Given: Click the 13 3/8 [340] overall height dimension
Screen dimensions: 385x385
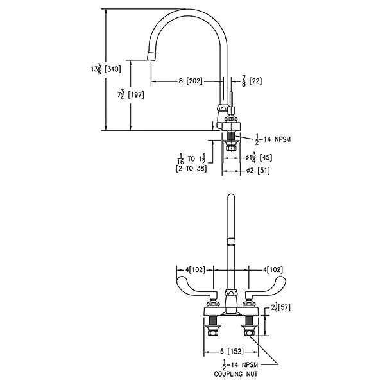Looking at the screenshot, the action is pos(106,69).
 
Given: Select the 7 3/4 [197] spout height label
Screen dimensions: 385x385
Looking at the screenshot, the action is pos(131,95).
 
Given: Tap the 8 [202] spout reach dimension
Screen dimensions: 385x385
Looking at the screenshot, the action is pos(191,81).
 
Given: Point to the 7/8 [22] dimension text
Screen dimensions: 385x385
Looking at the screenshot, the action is pos(252,81).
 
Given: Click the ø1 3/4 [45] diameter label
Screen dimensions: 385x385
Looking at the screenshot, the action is pos(259,157).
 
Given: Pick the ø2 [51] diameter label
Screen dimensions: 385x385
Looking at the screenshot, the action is pos(258,171).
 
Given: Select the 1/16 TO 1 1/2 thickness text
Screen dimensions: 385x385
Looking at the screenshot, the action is pos(193,159).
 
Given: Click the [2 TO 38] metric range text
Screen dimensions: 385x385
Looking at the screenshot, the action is pos(191,169).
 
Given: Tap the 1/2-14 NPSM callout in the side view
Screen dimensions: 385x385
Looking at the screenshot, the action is pos(273,139).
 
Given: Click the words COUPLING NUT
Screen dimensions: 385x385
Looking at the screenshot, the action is pos(235,374).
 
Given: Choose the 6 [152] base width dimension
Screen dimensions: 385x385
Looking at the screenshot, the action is pos(231,352).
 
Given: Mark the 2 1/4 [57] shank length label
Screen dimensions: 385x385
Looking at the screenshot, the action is pos(280,308).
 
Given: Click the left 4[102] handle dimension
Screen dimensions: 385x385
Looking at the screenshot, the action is pos(195,269).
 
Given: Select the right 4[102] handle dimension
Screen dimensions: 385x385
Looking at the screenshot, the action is pos(273,269).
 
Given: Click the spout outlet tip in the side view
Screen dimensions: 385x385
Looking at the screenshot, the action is pos(151,56).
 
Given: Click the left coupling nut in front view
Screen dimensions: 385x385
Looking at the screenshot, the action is pos(212,332).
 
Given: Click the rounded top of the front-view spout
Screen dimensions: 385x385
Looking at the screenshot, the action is pos(231,196).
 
